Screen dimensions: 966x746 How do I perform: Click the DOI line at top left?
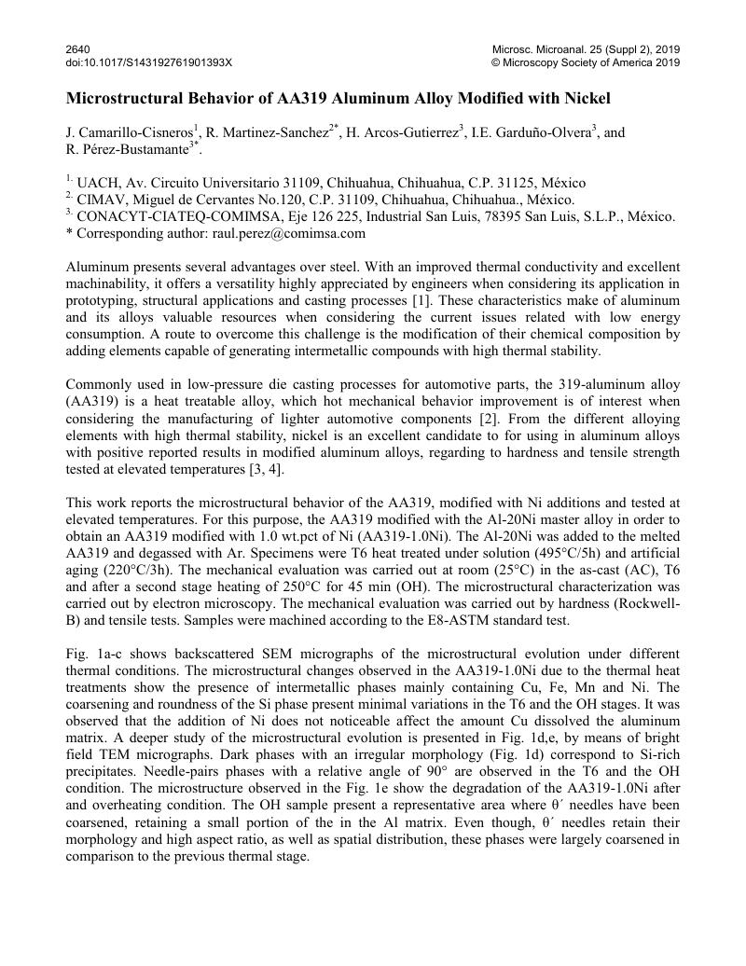pyautogui.click(x=148, y=62)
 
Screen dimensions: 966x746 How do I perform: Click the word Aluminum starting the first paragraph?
pyautogui.click(x=97, y=268)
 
